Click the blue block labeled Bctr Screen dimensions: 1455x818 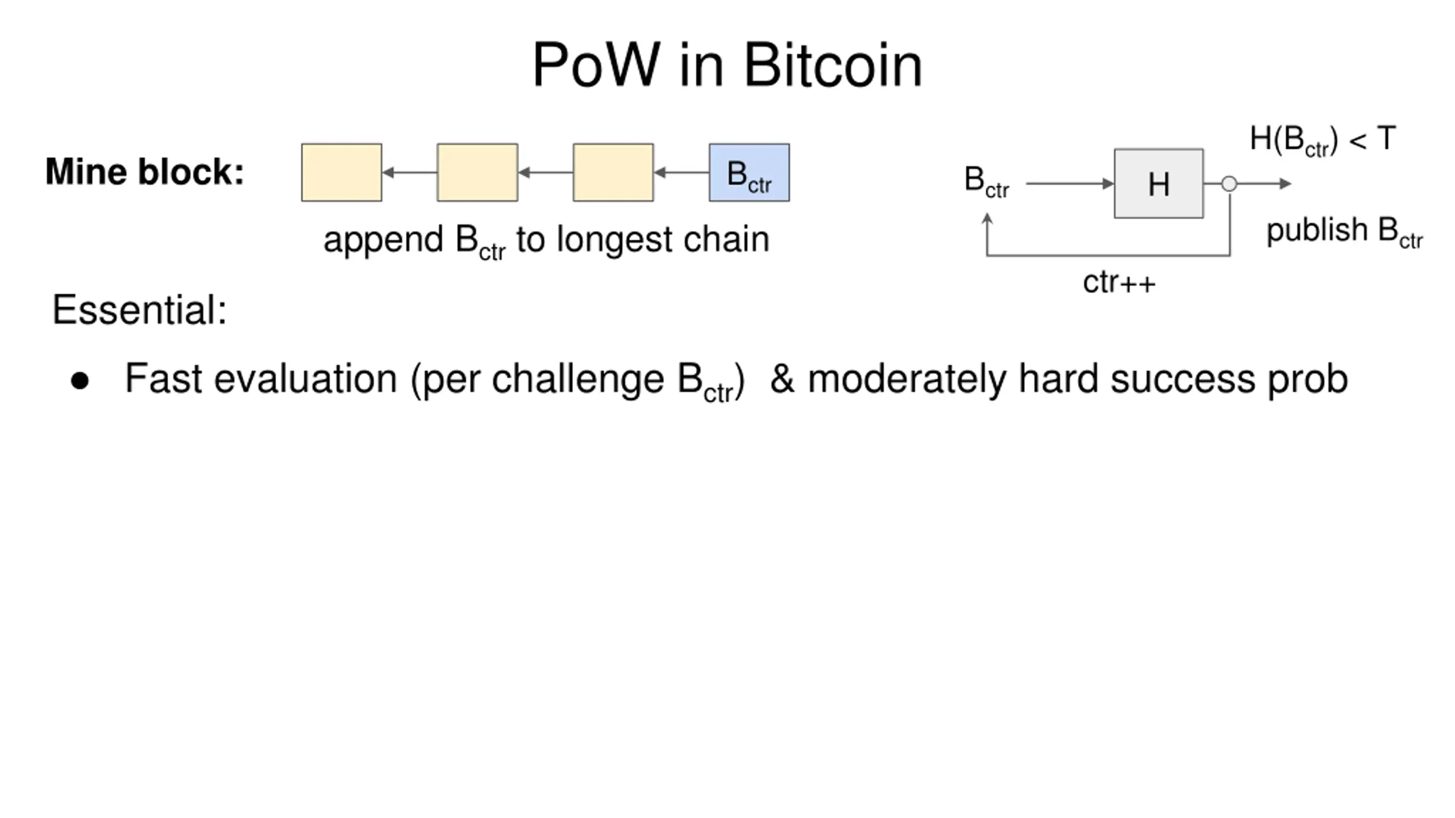[749, 172]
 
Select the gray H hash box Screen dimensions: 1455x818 [1158, 183]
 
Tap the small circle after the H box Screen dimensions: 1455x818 [1229, 183]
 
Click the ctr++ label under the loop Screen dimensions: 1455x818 [1119, 282]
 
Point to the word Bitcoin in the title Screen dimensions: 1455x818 [833, 65]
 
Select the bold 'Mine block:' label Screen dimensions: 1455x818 [144, 172]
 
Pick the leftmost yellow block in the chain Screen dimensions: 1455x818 [342, 172]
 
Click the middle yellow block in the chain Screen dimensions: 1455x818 [477, 172]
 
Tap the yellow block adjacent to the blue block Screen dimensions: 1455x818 [613, 172]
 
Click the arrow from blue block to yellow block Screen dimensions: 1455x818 [681, 172]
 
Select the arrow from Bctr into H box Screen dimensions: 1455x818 [1070, 183]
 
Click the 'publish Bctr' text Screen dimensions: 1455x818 [1345, 232]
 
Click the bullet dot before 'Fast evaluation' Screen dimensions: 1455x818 [80, 381]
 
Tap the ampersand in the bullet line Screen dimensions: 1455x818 [782, 378]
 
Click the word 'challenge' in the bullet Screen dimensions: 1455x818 [577, 379]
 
